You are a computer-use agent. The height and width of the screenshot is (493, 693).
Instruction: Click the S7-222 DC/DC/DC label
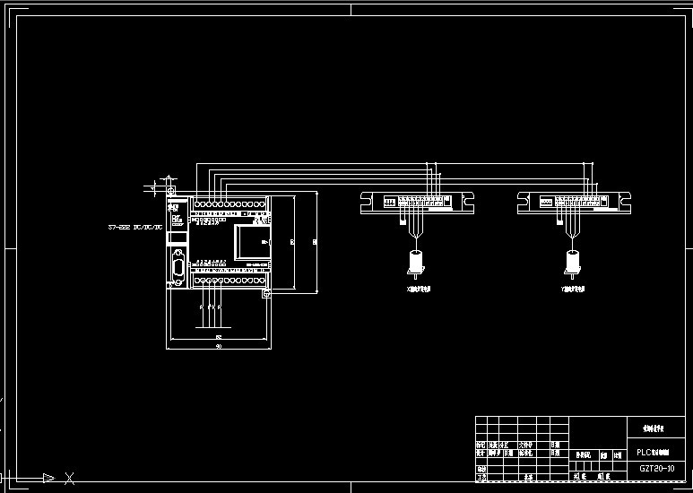click(135, 229)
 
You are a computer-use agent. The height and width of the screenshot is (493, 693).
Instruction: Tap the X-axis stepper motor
click(415, 262)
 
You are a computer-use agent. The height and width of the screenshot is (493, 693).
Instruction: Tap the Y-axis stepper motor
click(571, 262)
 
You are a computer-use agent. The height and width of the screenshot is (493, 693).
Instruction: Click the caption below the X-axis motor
click(419, 290)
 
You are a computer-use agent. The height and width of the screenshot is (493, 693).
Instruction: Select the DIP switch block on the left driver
click(390, 203)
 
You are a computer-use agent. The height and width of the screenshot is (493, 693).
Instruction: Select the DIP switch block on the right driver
click(546, 203)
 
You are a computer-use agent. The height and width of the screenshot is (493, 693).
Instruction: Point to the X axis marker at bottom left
click(68, 478)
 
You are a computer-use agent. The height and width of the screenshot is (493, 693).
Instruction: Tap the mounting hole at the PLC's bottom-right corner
click(264, 294)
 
